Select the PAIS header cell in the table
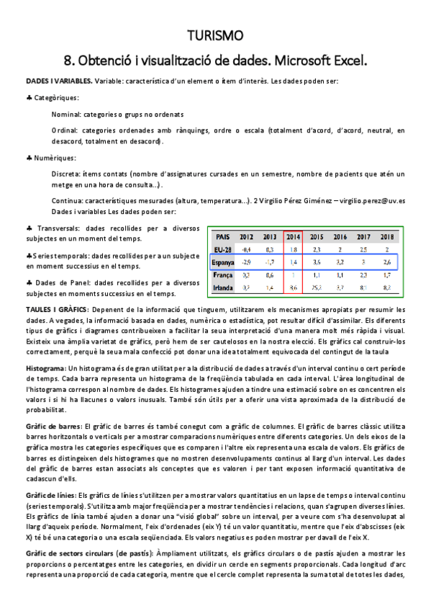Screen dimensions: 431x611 (x=222, y=236)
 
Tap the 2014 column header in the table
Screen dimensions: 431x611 (x=293, y=236)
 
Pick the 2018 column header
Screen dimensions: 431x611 (x=387, y=236)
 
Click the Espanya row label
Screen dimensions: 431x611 (x=223, y=262)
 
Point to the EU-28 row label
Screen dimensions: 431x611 (x=223, y=249)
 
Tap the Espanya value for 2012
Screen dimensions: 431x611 (x=246, y=262)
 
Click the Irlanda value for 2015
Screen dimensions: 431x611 (x=317, y=287)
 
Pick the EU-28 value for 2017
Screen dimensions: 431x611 (x=364, y=249)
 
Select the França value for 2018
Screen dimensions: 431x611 (x=387, y=275)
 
